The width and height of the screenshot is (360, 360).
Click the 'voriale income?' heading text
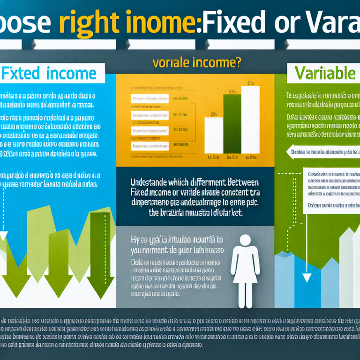click(x=197, y=62)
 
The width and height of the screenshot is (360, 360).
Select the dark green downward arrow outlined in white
click(x=100, y=253)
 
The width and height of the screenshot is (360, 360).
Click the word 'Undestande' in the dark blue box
click(x=153, y=183)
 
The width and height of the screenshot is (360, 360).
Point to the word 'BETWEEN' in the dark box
click(x=237, y=183)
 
